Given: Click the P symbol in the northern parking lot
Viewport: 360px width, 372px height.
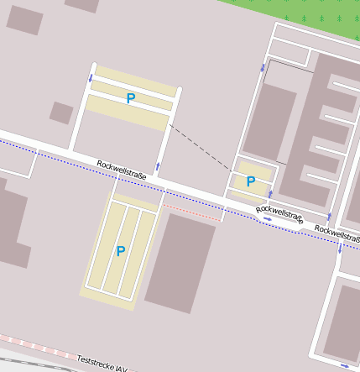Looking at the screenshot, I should [130, 98].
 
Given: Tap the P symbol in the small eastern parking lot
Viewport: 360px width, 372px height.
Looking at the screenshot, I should [250, 181].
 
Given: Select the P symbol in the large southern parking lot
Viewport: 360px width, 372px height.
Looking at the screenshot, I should [121, 251].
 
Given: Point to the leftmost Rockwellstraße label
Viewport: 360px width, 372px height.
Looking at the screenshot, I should [122, 170].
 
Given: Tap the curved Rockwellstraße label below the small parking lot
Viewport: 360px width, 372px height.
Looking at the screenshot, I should [279, 214].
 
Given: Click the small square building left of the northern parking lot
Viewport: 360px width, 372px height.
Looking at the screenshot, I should [61, 113].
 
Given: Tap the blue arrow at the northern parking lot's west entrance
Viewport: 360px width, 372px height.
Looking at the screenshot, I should [91, 78].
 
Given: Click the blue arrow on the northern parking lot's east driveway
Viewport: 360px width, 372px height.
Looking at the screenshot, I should [158, 165].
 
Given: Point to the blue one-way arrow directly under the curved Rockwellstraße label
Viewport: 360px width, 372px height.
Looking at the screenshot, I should [267, 220].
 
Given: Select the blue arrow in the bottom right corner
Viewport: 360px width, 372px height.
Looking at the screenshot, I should [345, 366].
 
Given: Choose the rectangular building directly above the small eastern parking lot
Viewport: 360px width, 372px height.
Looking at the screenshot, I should [269, 122].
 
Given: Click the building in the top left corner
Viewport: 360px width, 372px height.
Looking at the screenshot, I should [24, 20].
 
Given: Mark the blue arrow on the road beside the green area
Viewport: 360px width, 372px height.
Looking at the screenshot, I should [263, 67].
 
